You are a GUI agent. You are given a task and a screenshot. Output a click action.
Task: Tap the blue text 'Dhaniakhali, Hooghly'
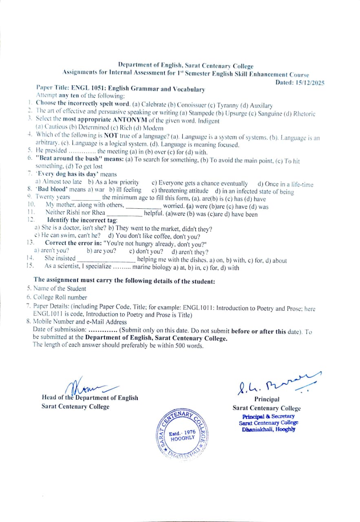(x=268, y=429)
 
